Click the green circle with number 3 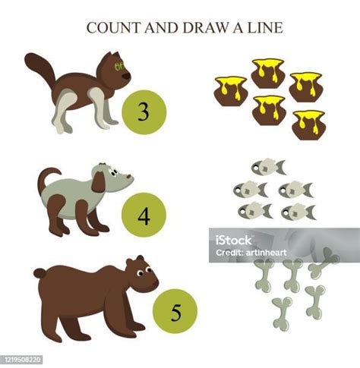tap(144, 112)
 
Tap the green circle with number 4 tap(144, 215)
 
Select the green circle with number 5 tap(175, 311)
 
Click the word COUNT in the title tap(113, 27)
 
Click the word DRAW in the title tap(205, 27)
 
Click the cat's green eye tap(118, 66)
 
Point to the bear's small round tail tap(39, 273)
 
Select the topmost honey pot tap(268, 73)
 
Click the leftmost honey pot tap(230, 91)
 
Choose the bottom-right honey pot tap(308, 125)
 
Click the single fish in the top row tap(268, 167)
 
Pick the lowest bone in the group tap(282, 314)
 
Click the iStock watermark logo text tap(233, 240)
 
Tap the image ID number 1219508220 tap(21, 359)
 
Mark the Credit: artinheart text tap(251, 253)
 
